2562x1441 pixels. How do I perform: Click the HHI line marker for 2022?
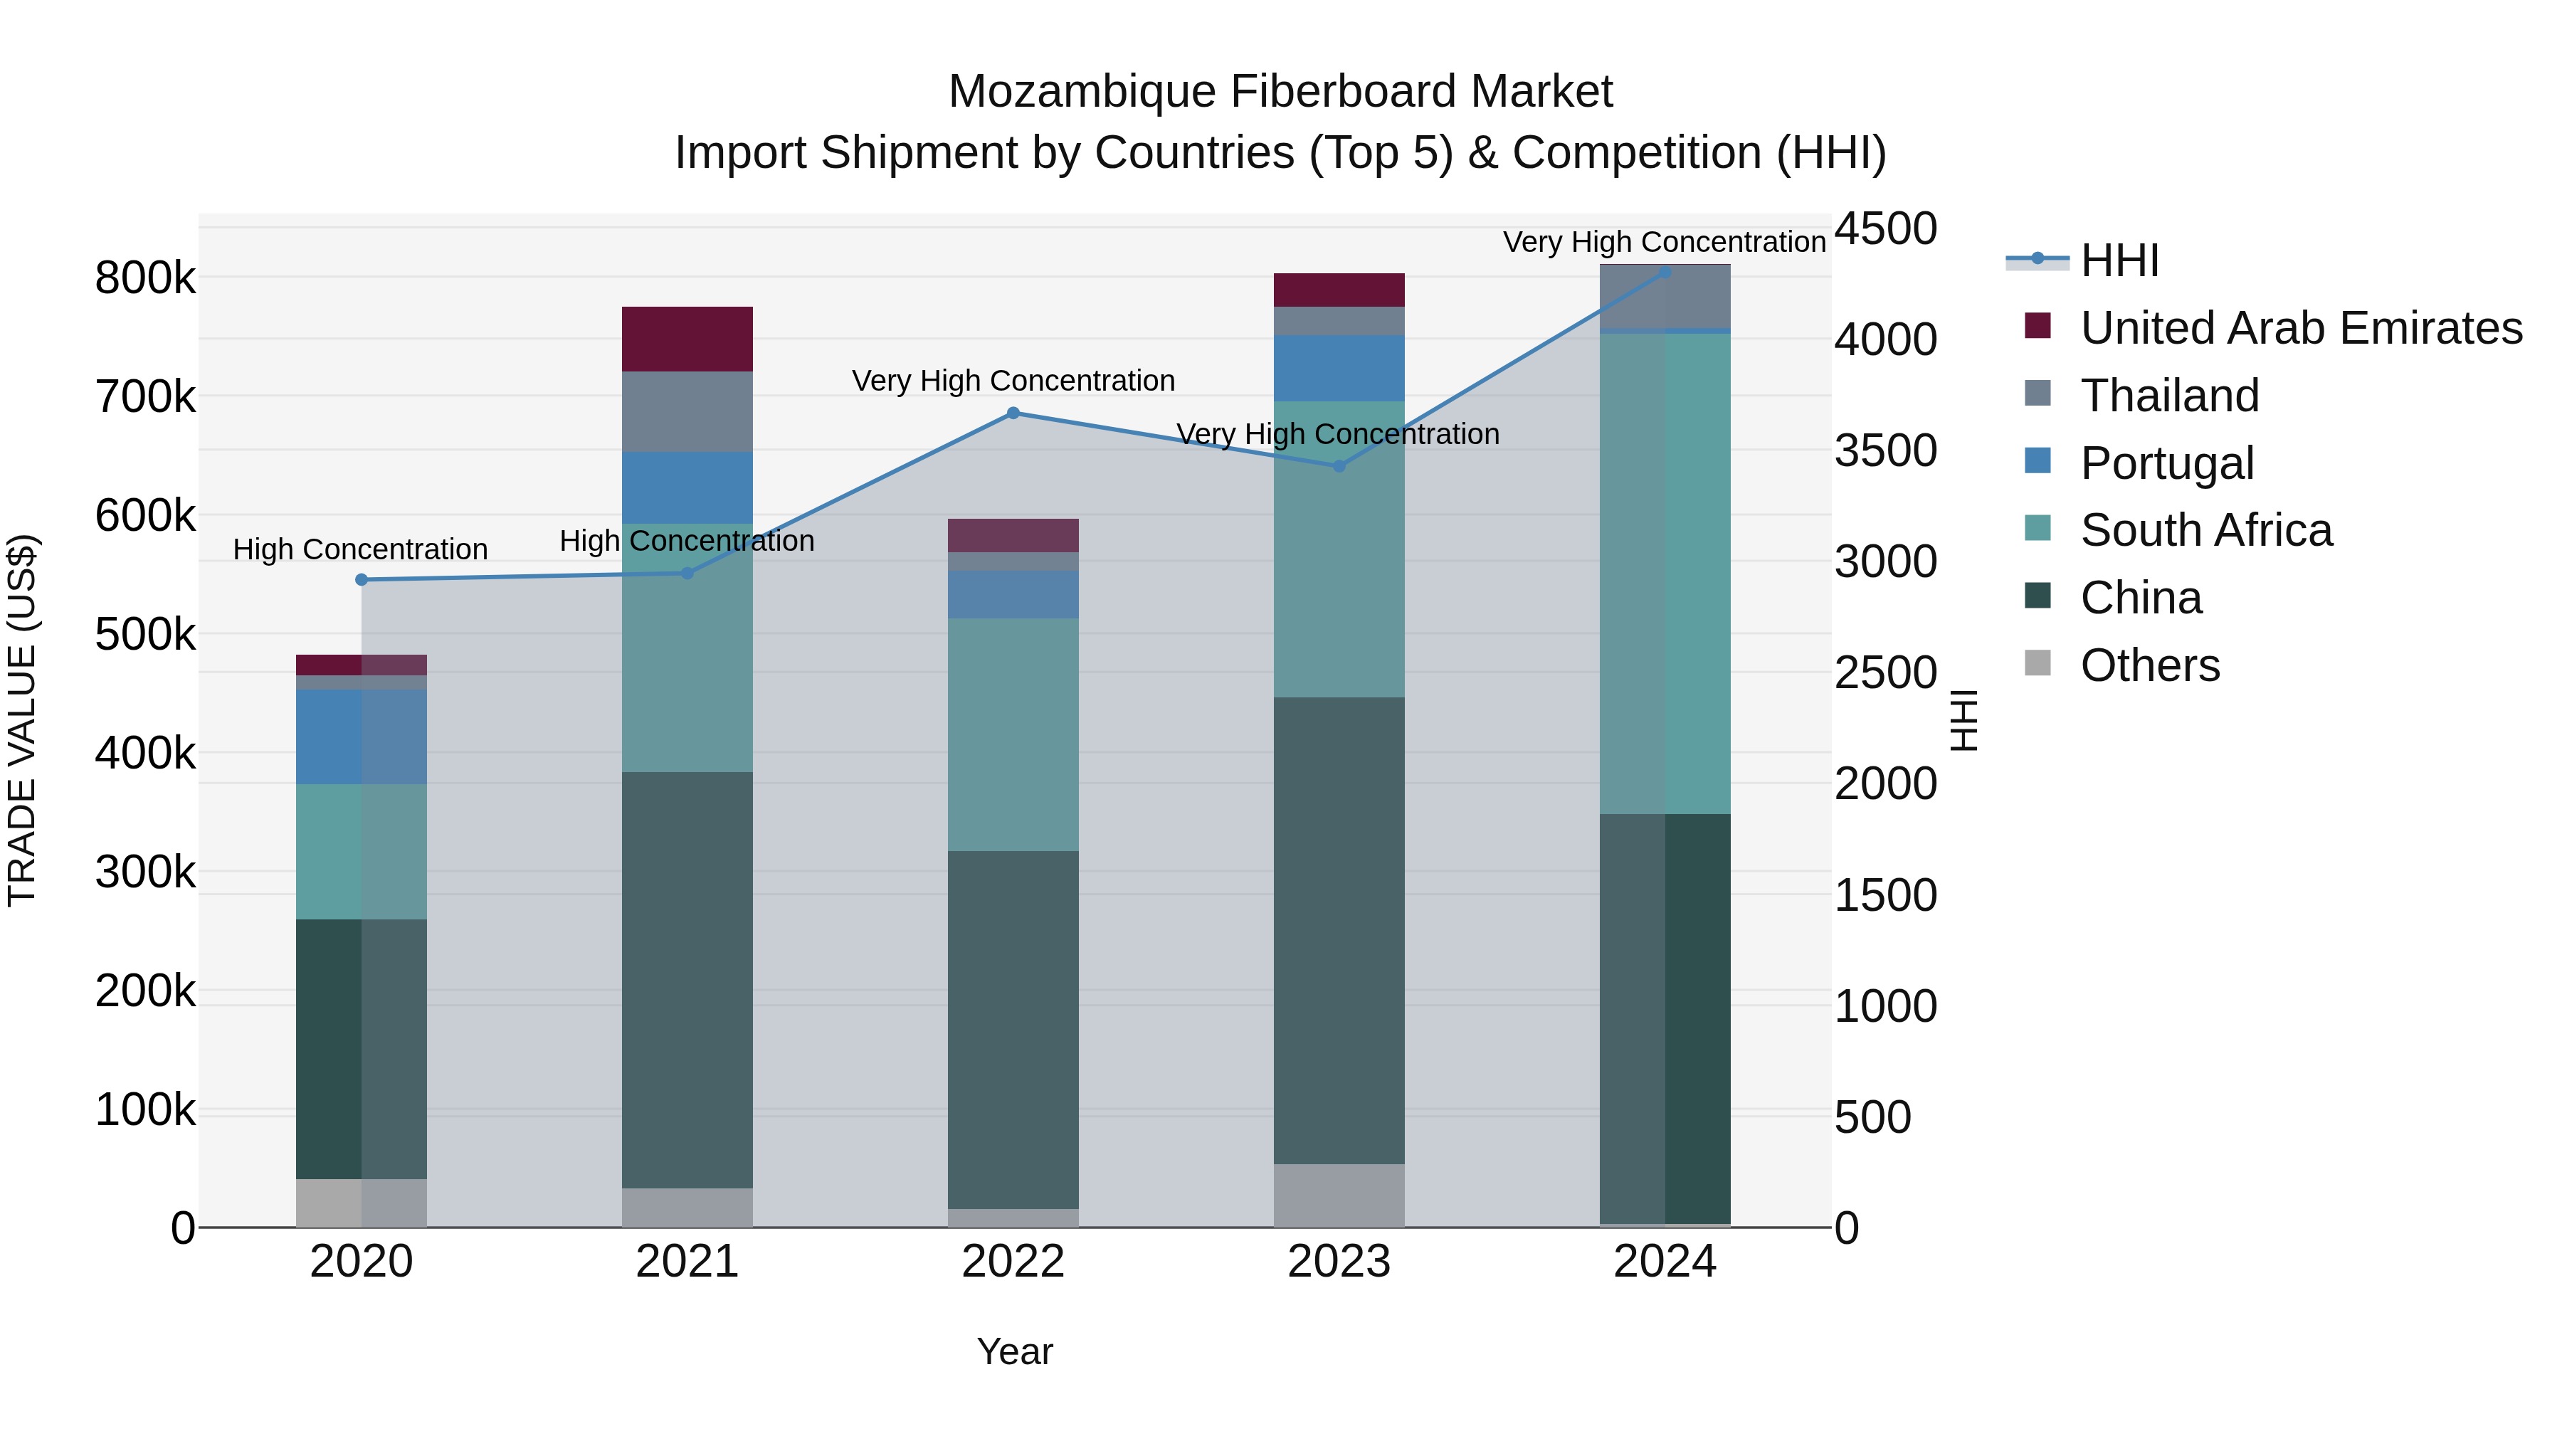pos(1013,413)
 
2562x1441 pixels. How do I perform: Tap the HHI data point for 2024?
pos(1665,272)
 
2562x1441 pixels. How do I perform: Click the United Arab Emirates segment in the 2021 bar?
pos(687,339)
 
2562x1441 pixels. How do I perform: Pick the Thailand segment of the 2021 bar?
pos(687,412)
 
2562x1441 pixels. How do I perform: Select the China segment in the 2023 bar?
pos(1339,930)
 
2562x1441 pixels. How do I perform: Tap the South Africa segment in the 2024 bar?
pos(1665,573)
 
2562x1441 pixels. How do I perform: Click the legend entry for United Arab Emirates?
pos(2300,328)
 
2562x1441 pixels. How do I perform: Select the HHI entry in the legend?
pos(2119,260)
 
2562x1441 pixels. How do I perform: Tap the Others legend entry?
pos(2149,665)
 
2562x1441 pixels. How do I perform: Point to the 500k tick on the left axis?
pos(145,635)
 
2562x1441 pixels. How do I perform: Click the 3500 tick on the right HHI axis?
pos(1884,450)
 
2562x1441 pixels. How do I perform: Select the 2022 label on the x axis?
pos(1013,1262)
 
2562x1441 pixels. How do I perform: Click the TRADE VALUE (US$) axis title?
pos(23,720)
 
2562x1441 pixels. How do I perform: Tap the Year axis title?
pos(1014,1351)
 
